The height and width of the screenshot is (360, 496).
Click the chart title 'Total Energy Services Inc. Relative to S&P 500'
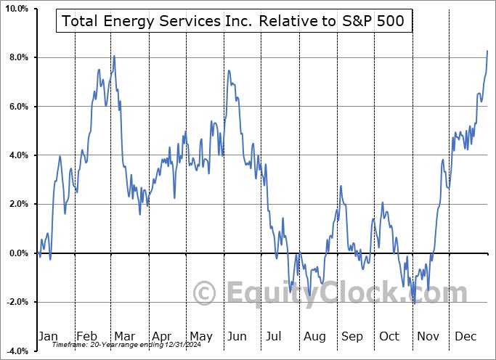click(x=234, y=22)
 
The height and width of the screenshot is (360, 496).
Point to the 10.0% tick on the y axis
click(x=16, y=9)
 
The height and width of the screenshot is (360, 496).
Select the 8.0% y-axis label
click(x=17, y=57)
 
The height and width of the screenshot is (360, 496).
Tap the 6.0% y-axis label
click(x=17, y=107)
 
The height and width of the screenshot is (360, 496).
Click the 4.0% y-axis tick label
click(x=17, y=155)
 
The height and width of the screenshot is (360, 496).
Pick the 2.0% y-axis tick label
click(x=17, y=204)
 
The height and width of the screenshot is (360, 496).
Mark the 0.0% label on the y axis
click(x=17, y=253)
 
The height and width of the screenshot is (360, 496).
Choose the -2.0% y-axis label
click(x=16, y=302)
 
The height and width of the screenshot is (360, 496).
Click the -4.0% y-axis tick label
click(x=16, y=351)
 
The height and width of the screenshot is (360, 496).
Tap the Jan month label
click(x=47, y=336)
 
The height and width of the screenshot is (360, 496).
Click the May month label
click(x=200, y=336)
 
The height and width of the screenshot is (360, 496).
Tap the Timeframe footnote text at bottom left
click(x=121, y=345)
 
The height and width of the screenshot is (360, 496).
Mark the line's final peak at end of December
click(x=487, y=51)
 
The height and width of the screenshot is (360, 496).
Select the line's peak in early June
click(x=229, y=70)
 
